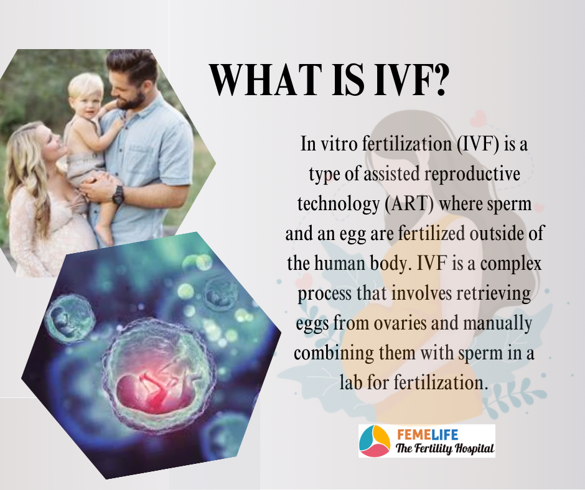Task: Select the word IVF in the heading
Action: click(x=399, y=80)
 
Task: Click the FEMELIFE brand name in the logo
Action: click(x=427, y=435)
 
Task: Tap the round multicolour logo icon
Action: click(x=375, y=441)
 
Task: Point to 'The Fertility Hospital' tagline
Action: click(x=445, y=448)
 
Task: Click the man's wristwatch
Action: click(x=118, y=195)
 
